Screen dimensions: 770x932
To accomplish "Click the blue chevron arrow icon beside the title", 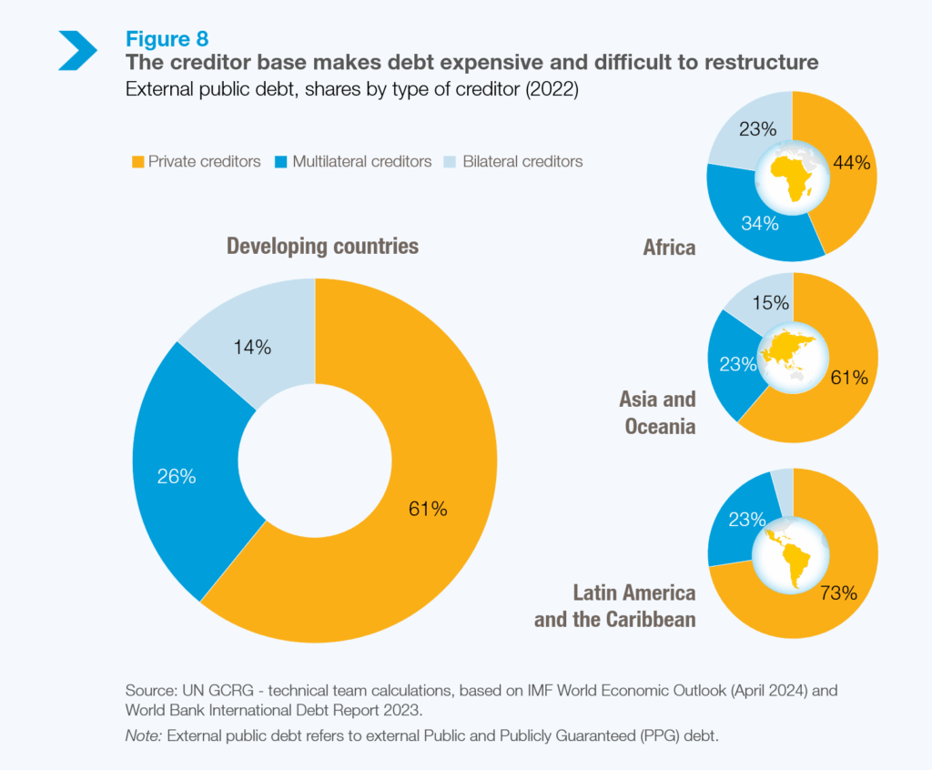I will coord(77,50).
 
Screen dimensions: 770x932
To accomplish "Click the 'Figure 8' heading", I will coord(167,39).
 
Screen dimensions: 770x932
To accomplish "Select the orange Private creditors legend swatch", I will coord(137,162).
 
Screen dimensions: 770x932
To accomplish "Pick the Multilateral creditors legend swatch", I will coord(281,162).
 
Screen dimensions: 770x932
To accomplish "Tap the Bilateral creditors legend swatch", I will coord(451,162).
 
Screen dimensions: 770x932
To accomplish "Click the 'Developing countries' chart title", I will coord(322,246).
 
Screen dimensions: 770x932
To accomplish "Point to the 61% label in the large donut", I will coord(428,510).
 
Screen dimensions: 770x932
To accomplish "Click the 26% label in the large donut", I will coord(177,476).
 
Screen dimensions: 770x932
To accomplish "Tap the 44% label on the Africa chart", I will coord(852,164).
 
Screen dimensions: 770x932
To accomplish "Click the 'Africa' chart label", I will coord(669,247).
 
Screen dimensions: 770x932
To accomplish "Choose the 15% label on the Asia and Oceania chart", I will coord(770,303).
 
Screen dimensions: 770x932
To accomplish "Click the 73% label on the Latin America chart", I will coord(837,593).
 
